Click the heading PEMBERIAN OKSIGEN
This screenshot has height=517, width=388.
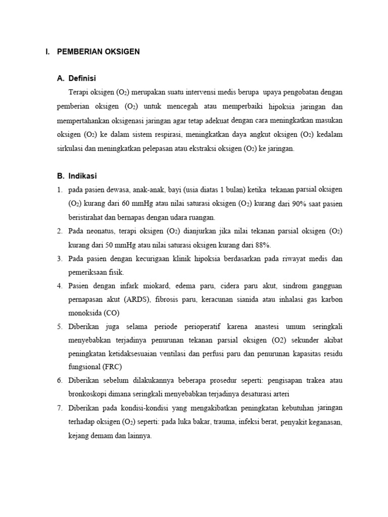[x=99, y=51]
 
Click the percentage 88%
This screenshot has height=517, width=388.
[x=263, y=245]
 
